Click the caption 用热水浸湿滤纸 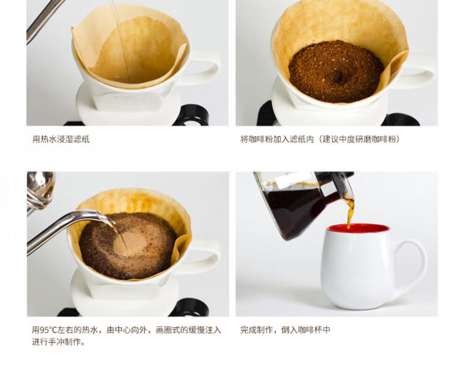click(60, 139)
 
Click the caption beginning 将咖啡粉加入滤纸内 click(320, 139)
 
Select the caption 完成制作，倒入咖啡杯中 click(285, 330)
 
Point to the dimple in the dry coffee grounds click(338, 77)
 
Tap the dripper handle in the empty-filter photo click(204, 68)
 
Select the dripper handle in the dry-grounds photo click(420, 71)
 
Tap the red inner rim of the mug click(359, 228)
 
